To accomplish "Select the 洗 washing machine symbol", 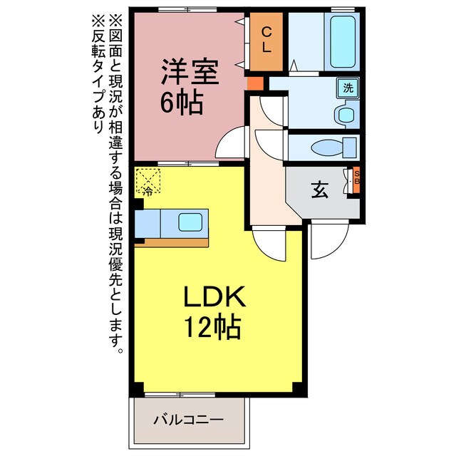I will (348, 88).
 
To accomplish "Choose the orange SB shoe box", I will (357, 180).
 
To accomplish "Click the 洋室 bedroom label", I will (187, 71).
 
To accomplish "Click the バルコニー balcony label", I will (189, 420).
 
